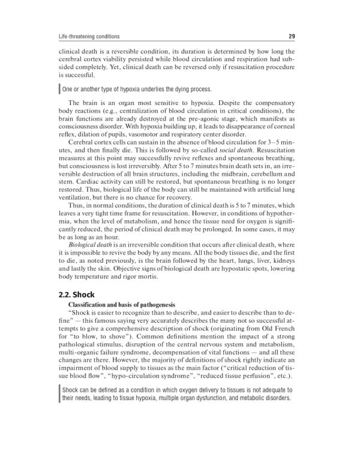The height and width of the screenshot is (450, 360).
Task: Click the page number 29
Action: click(x=290, y=35)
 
